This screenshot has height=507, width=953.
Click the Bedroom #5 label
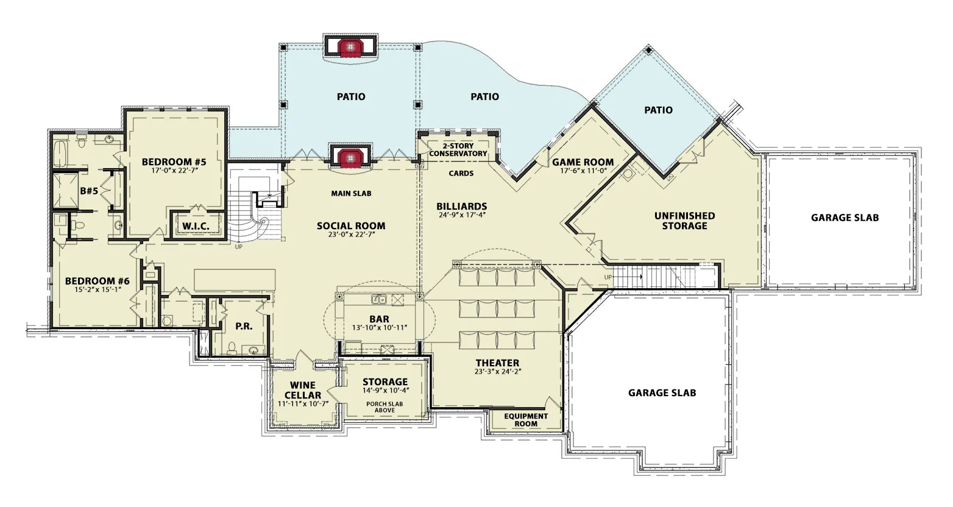point(174,162)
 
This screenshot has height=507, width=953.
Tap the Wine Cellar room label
point(303,390)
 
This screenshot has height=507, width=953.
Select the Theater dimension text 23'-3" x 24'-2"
point(498,371)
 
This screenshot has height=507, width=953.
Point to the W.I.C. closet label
point(196,226)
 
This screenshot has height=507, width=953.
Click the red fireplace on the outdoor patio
point(350,47)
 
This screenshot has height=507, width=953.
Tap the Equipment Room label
point(526,420)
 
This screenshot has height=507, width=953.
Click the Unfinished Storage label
point(684,221)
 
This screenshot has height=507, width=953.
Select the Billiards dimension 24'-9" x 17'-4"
point(462,215)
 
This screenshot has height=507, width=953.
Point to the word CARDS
point(461,174)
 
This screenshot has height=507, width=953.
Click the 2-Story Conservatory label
point(458,150)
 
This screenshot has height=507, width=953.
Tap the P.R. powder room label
point(244,326)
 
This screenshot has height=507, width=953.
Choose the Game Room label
point(583,162)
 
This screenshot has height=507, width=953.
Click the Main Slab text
point(351,194)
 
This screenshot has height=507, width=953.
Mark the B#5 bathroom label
point(89,191)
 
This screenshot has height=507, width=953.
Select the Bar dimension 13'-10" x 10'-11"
point(380,327)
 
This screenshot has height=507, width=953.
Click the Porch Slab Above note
point(384,407)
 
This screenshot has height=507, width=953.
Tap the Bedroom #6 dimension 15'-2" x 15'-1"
point(97,289)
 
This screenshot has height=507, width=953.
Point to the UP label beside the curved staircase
point(239,247)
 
